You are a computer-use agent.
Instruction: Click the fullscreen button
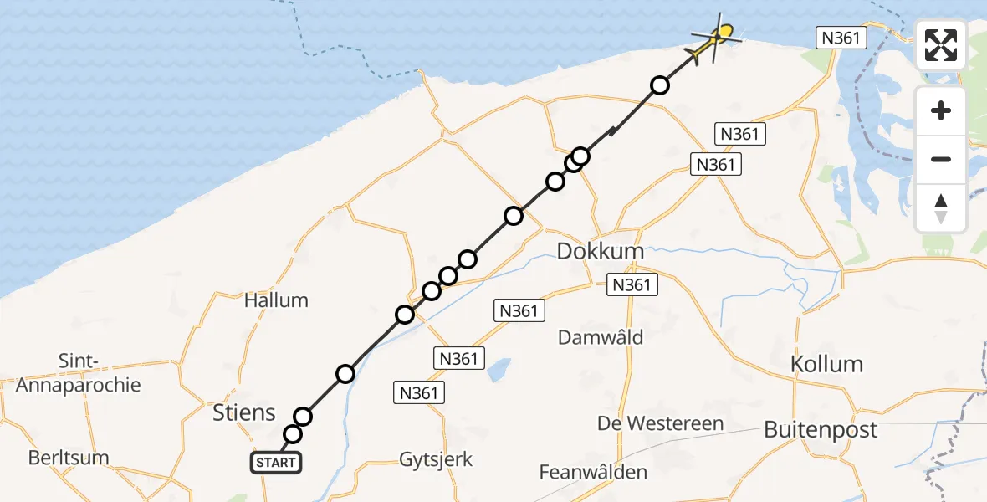point(941,45)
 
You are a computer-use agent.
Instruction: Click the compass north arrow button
point(941,208)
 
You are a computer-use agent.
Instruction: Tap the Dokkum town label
point(601,252)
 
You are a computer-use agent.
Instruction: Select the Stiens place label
point(244,412)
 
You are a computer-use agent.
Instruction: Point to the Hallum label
point(276,300)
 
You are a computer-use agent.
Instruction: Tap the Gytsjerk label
point(436,459)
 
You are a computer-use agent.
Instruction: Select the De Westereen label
point(661,423)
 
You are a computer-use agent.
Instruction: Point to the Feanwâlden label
point(593,472)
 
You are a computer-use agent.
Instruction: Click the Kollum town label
point(826,364)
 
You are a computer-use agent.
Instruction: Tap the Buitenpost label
point(821,430)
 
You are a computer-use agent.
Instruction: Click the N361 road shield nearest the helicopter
point(841,38)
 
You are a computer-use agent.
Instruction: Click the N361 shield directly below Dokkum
point(631,285)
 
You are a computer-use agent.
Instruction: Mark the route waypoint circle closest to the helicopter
point(660,85)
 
